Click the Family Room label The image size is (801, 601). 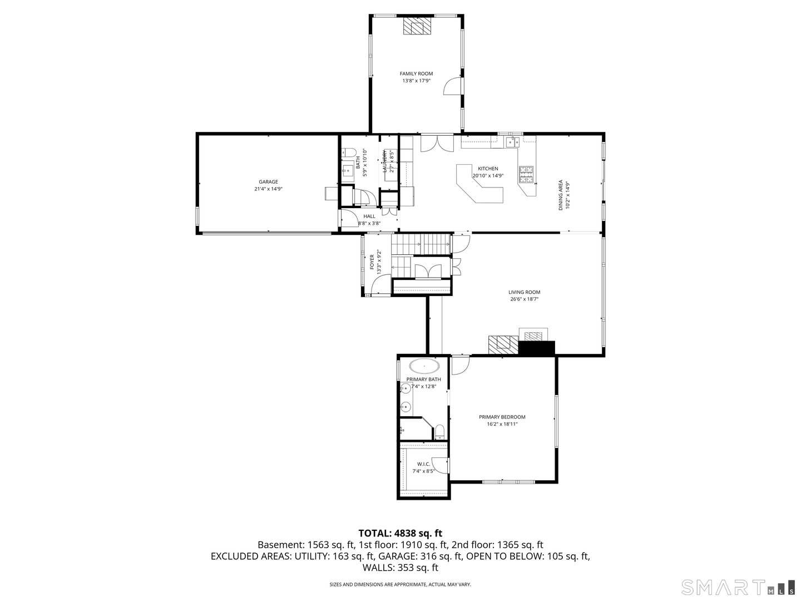[416, 73]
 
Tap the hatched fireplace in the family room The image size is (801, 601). [417, 26]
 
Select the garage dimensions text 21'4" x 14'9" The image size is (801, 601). [268, 189]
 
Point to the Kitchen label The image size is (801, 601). [488, 169]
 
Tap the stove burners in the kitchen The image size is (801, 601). [526, 175]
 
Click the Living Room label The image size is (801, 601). [524, 292]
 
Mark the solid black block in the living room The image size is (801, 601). [537, 348]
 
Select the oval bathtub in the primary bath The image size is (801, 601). [424, 366]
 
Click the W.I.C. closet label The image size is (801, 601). [424, 464]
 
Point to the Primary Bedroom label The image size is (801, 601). [502, 417]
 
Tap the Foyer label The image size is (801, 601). [373, 262]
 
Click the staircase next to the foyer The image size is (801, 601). [421, 243]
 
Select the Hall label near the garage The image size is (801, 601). [369, 216]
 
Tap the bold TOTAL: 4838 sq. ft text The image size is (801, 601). [400, 533]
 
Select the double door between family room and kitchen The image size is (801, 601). [437, 144]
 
